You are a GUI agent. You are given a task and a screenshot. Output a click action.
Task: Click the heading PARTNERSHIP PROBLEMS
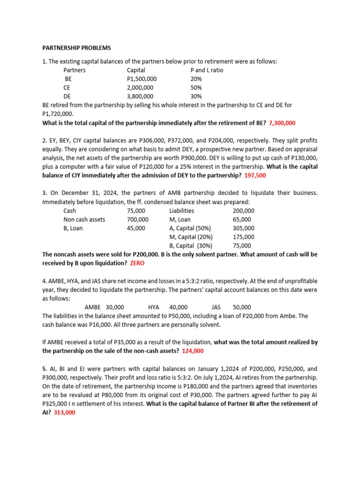[76, 48]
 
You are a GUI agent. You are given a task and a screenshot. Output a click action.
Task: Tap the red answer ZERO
[137, 263]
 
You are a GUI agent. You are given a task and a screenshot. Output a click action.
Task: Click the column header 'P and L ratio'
[207, 70]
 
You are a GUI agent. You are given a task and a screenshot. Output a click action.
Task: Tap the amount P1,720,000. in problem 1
[58, 114]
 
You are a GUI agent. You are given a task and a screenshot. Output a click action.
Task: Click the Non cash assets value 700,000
[137, 219]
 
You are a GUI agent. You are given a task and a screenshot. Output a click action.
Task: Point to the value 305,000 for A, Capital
[243, 228]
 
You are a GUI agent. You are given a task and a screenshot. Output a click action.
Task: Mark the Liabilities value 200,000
[243, 211]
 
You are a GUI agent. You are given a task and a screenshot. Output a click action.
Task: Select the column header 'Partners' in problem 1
[75, 70]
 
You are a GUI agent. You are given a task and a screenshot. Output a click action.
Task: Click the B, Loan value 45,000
[136, 228]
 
